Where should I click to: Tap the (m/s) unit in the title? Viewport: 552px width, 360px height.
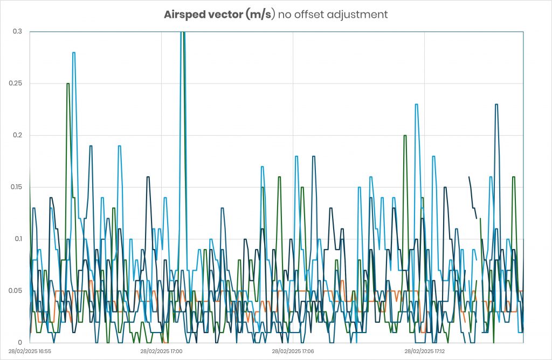pyautogui.click(x=260, y=15)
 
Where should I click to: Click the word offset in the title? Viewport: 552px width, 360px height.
pyautogui.click(x=314, y=15)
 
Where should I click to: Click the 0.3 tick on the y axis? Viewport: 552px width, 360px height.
pyautogui.click(x=18, y=32)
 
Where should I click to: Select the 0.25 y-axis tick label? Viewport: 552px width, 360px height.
pyautogui.click(x=17, y=84)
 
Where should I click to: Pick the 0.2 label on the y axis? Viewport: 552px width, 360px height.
pyautogui.click(x=18, y=135)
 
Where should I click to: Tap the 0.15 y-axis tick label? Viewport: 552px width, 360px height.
pyautogui.click(x=17, y=187)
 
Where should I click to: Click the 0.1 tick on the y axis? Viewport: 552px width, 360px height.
pyautogui.click(x=18, y=239)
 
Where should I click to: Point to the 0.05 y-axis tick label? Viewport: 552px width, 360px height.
pyautogui.click(x=17, y=290)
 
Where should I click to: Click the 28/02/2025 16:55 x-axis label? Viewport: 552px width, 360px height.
pyautogui.click(x=30, y=351)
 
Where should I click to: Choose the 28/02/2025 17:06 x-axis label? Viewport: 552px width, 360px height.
pyautogui.click(x=293, y=351)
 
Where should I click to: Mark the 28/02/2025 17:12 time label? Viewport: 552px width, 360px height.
pyautogui.click(x=425, y=351)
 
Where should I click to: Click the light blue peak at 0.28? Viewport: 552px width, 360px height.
pyautogui.click(x=74, y=53)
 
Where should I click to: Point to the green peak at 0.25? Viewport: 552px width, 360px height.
pyautogui.click(x=68, y=84)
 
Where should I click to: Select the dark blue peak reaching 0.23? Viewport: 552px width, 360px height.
pyautogui.click(x=496, y=105)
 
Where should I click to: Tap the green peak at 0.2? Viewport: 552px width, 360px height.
pyautogui.click(x=405, y=135)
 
